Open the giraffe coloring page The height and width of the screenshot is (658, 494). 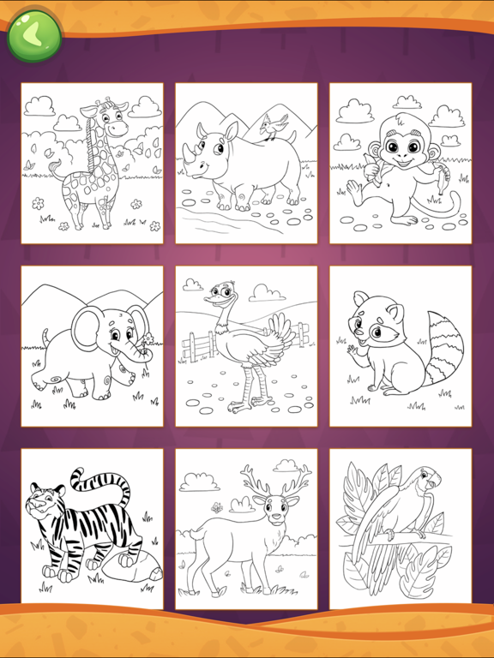[x=92, y=164]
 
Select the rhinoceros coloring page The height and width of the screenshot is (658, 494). [x=246, y=164]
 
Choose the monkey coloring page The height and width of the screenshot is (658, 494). [x=401, y=164]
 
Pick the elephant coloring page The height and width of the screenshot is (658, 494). [x=92, y=346]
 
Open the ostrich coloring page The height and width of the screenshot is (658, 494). [x=246, y=346]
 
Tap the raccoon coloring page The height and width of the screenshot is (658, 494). [x=401, y=346]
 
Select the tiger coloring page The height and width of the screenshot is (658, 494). [x=92, y=529]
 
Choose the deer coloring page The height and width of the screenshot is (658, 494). [x=246, y=529]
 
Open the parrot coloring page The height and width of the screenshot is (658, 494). [x=401, y=529]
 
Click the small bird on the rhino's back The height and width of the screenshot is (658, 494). [x=273, y=128]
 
